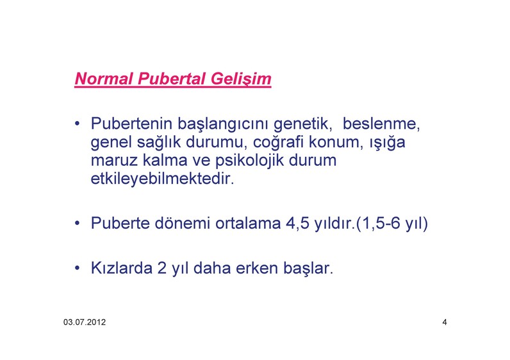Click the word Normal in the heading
point(104,79)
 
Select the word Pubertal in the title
point(172,79)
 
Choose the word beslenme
point(381,124)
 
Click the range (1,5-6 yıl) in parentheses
point(392,224)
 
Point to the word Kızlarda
point(121,268)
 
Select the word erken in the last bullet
point(257,268)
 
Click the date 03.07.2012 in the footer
point(85,322)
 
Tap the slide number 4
point(445,322)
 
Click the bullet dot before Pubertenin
point(77,124)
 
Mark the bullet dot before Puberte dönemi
point(77,224)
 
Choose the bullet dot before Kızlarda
point(77,268)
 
